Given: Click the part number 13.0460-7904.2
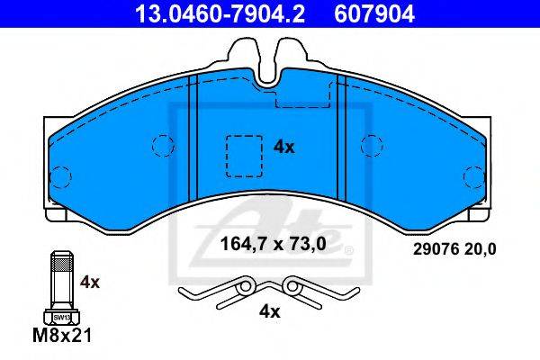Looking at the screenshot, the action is click(220, 14).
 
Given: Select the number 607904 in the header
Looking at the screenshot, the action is click(374, 14).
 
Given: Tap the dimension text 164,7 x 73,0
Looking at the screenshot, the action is click(273, 244).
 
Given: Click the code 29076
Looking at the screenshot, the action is click(436, 249).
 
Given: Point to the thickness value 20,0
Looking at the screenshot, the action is click(480, 249).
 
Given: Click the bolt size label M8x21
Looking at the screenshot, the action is click(62, 335).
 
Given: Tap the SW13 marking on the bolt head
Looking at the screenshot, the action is click(62, 318).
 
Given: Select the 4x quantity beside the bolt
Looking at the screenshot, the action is click(89, 283).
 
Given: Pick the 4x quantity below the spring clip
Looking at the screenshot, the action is click(270, 312).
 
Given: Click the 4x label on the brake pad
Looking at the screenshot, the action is click(283, 148).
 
